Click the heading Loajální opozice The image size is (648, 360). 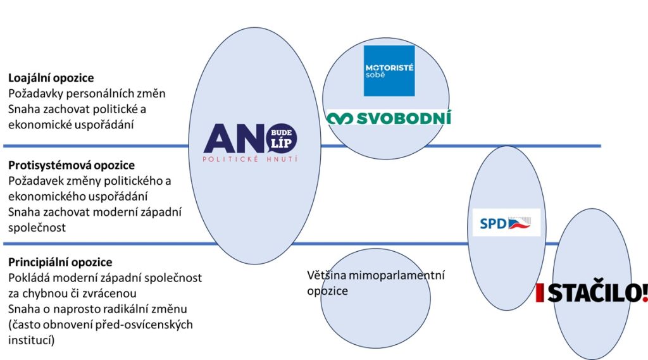point(51,78)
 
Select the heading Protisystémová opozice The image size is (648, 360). point(72,165)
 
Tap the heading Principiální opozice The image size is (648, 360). point(60,262)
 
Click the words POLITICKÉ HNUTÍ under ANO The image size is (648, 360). point(250,159)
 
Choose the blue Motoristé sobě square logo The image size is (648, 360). point(389,71)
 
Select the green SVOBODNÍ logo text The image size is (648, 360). point(403,118)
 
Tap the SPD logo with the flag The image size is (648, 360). point(506,223)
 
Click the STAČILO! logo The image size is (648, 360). point(592,293)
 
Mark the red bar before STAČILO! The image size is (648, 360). point(539,293)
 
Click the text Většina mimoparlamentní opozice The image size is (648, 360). point(376,283)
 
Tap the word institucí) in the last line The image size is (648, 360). point(32,340)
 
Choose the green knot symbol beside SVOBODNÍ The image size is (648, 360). point(340,118)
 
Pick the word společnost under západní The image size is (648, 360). point(37,228)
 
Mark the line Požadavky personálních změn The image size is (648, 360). point(87,94)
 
